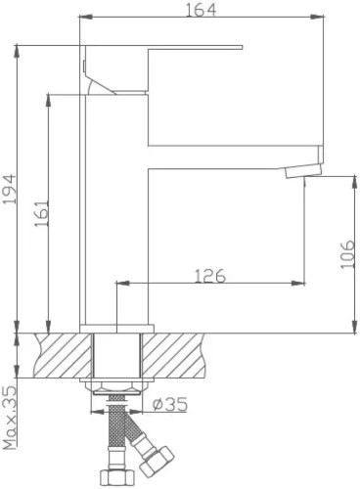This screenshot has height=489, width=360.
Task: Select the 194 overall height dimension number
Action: (x=9, y=189)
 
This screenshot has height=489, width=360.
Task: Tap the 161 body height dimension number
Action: (x=42, y=213)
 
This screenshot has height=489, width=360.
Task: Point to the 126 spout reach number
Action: (x=210, y=276)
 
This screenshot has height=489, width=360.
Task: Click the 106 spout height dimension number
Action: (x=347, y=254)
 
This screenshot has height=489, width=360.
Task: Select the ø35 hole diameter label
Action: (x=170, y=404)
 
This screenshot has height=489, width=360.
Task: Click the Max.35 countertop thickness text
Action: (x=9, y=419)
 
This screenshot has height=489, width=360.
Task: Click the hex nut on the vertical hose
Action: (x=116, y=479)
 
